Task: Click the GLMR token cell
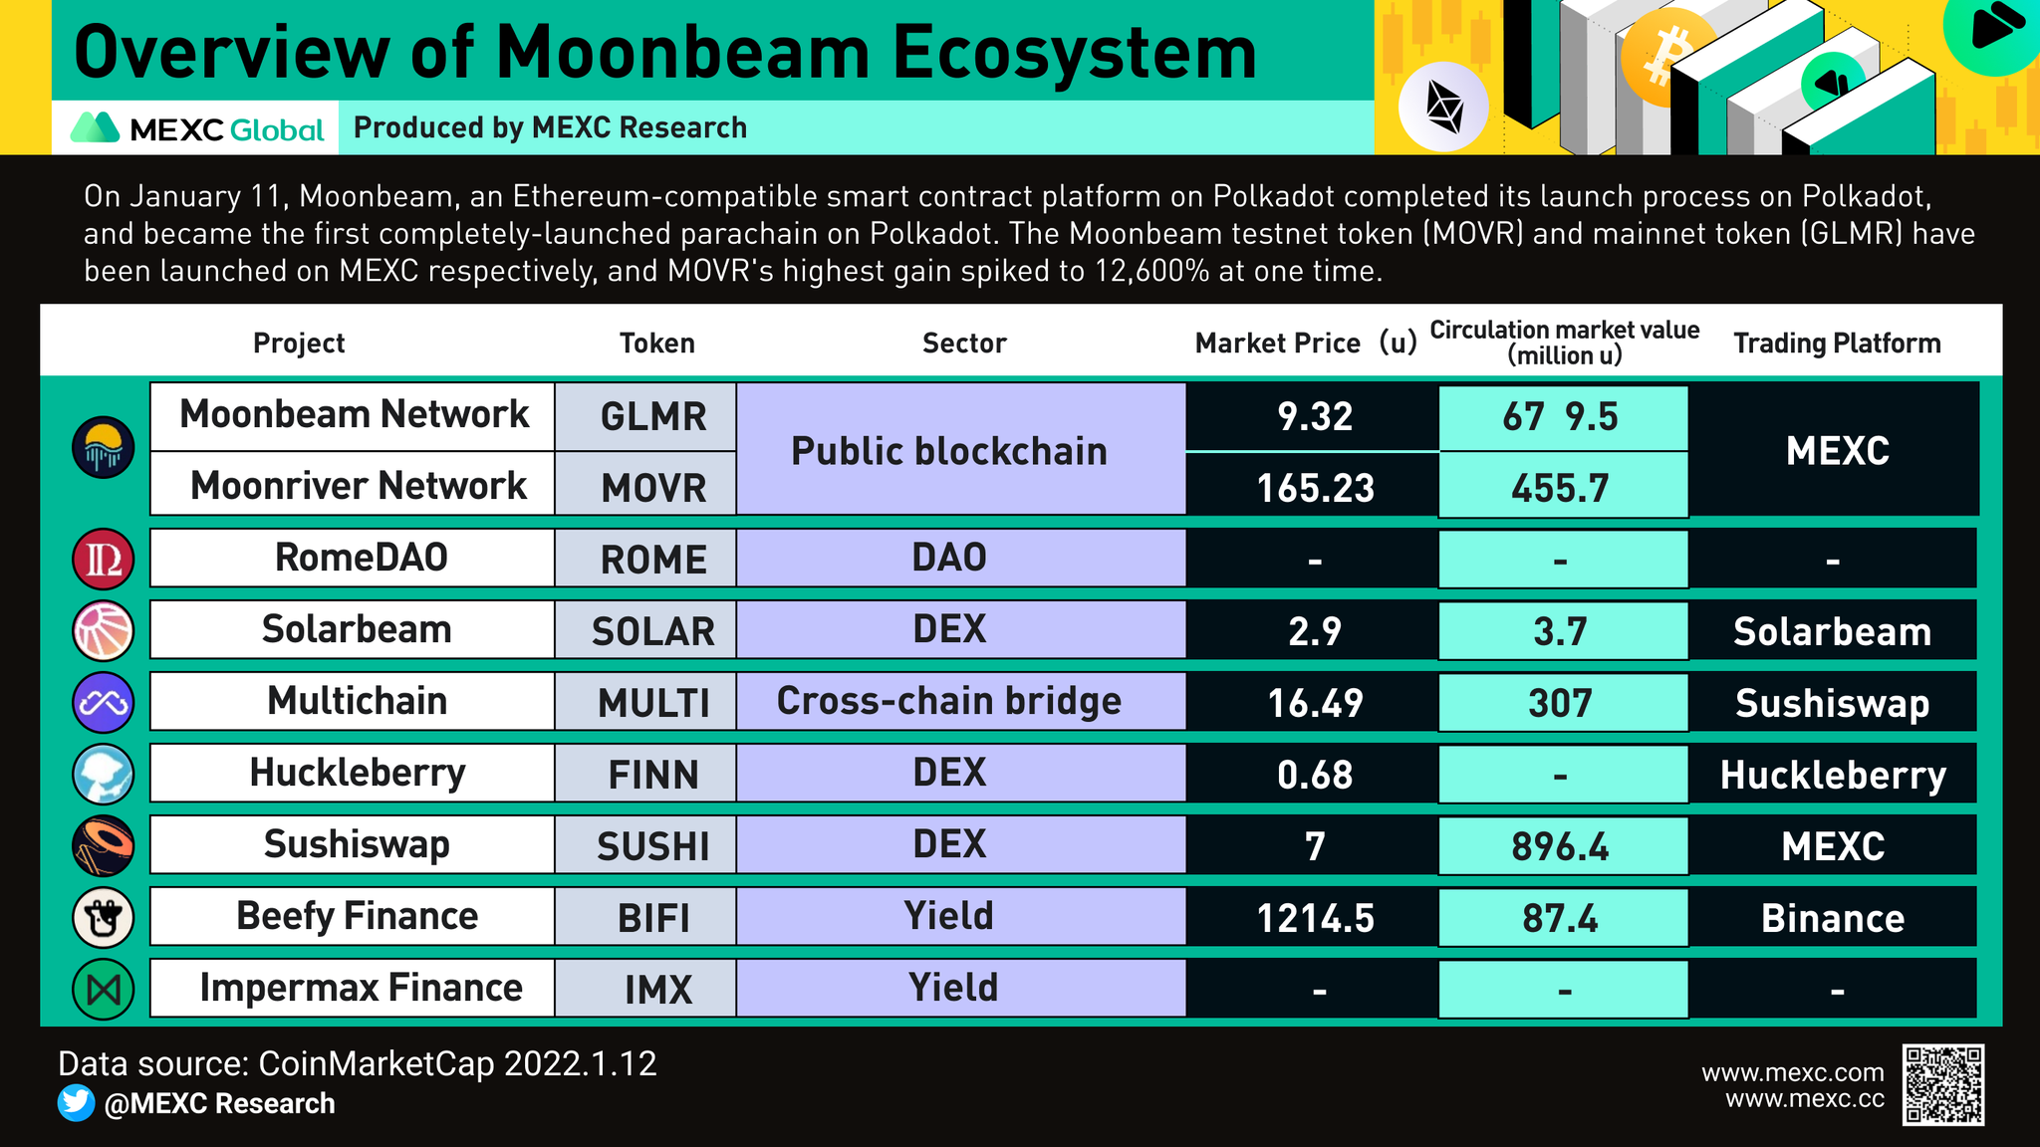point(652,417)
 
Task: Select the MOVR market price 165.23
point(1315,488)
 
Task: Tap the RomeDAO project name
point(361,558)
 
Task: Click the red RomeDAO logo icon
point(104,559)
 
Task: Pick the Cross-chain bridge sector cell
point(949,701)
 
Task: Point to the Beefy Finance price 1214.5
point(1315,918)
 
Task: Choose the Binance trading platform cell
point(1832,918)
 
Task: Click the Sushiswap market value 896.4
point(1560,846)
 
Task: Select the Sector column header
point(964,344)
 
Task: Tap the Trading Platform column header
point(1837,344)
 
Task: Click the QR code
point(1942,1084)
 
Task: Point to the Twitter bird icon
point(77,1103)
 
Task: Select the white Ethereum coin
point(1443,106)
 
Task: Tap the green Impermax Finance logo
point(104,989)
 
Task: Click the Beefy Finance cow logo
point(104,917)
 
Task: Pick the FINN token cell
point(652,775)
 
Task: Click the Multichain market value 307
point(1560,703)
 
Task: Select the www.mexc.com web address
point(1792,1072)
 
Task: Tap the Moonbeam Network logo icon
point(104,447)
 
